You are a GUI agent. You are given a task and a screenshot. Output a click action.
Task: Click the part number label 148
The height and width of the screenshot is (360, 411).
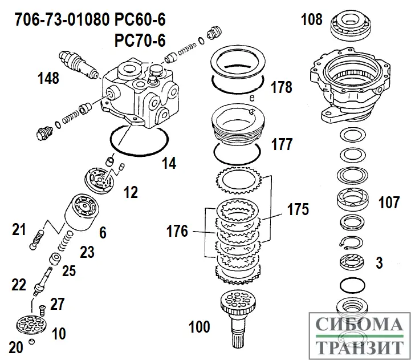click(x=48, y=78)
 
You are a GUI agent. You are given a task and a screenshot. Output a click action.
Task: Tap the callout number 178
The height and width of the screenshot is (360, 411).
click(x=281, y=87)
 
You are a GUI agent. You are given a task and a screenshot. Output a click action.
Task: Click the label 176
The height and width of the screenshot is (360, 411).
click(x=177, y=232)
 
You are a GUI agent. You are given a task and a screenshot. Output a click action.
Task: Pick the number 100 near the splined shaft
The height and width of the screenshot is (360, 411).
click(x=199, y=327)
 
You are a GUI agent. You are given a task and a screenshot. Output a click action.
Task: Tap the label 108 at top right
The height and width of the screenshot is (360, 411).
click(x=312, y=21)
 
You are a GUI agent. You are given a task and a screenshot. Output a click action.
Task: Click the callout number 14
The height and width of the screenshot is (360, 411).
click(x=169, y=163)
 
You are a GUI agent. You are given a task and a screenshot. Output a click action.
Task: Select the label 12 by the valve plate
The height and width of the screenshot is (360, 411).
click(x=131, y=192)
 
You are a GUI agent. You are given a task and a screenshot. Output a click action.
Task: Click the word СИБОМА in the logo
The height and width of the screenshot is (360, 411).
click(x=357, y=326)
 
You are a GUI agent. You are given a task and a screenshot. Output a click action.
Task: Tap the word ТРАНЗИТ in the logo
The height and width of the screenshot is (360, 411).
click(x=357, y=347)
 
